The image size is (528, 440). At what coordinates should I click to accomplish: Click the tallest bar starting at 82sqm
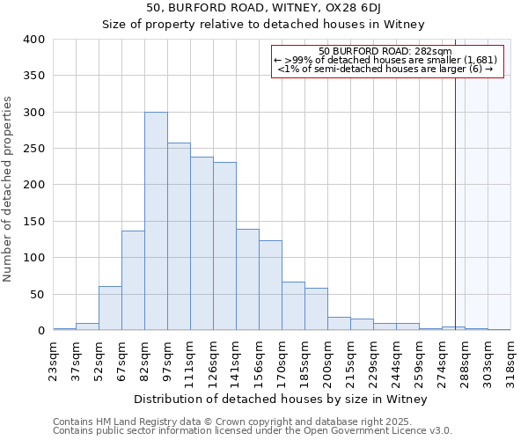pyautogui.click(x=156, y=221)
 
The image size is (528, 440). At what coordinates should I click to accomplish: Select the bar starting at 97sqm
pyautogui.click(x=179, y=237)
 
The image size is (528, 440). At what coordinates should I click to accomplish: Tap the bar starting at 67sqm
pyautogui.click(x=133, y=280)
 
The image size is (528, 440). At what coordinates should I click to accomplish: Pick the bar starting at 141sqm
pyautogui.click(x=247, y=280)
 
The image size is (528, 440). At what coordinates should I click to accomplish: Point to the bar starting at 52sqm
pyautogui.click(x=110, y=308)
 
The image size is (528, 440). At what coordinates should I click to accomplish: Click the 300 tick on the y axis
pyautogui.click(x=34, y=113)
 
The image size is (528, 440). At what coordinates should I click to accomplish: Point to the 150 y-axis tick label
pyautogui.click(x=34, y=222)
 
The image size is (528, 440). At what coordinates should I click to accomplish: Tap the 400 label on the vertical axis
pyautogui.click(x=34, y=40)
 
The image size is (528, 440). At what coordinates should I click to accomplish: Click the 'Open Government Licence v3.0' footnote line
pyautogui.click(x=253, y=431)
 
